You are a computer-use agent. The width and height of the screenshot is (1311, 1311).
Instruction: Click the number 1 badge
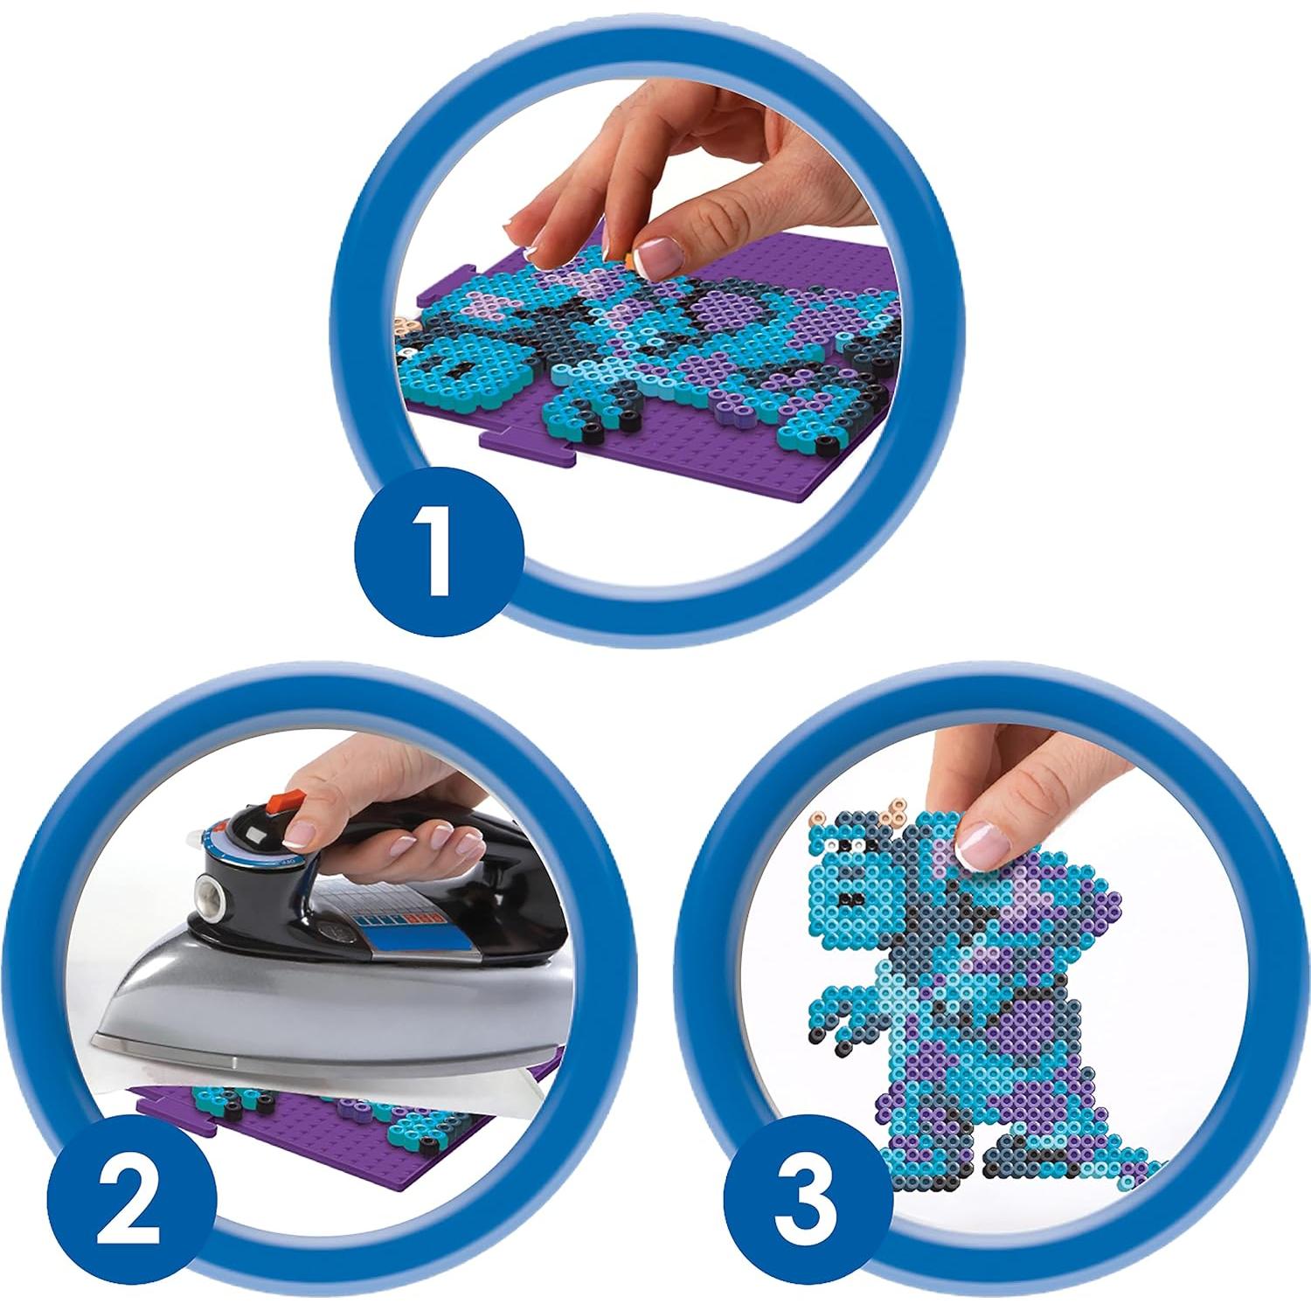pyautogui.click(x=438, y=551)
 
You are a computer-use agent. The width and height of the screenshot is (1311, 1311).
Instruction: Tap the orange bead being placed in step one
pyautogui.click(x=628, y=255)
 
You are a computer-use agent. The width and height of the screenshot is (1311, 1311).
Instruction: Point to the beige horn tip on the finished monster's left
pyautogui.click(x=819, y=819)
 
